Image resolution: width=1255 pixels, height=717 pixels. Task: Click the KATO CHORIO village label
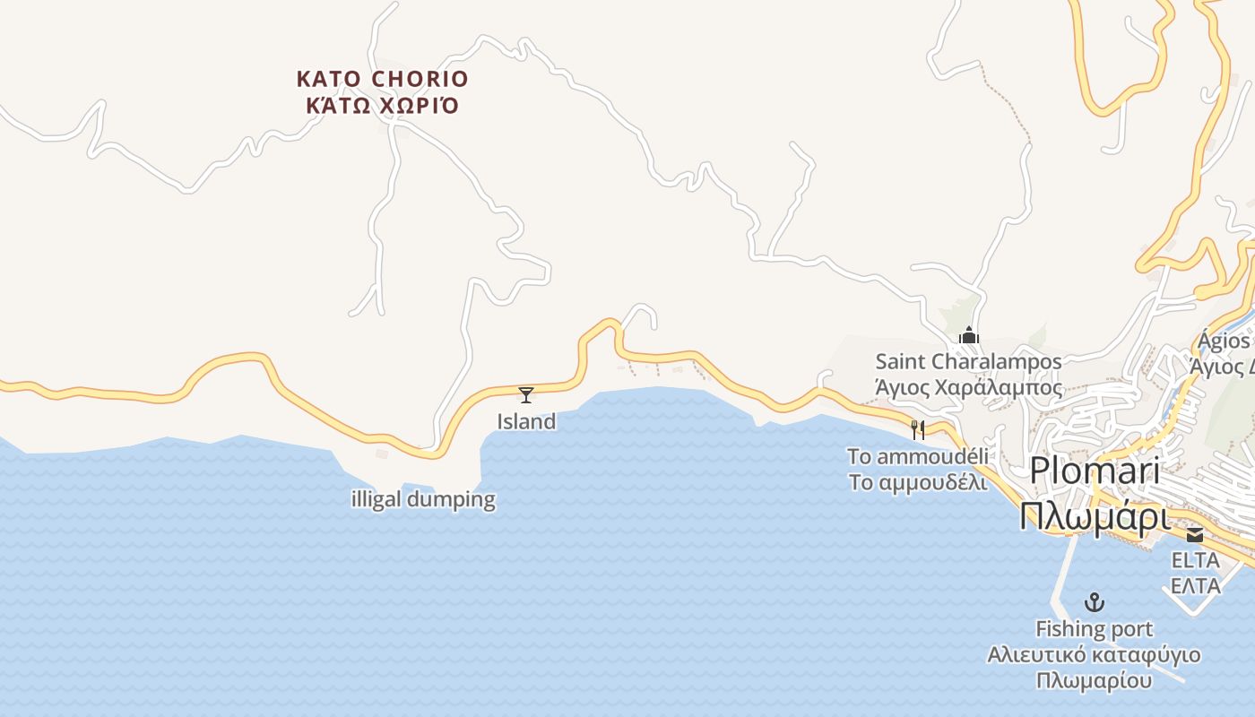[383, 79]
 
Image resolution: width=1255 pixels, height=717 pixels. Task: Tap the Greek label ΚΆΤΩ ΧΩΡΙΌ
[383, 106]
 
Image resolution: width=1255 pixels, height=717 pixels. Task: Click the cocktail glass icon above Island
[526, 394]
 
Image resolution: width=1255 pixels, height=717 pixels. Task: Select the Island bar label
[526, 421]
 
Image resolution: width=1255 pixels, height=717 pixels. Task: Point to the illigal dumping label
[423, 499]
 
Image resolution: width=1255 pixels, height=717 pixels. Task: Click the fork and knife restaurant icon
[917, 430]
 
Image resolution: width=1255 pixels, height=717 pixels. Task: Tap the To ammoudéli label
[918, 456]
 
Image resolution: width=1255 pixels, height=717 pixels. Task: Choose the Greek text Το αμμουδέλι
[918, 482]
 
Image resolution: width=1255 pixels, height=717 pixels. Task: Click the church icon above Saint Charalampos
[968, 336]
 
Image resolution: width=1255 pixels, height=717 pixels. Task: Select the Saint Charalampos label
[968, 362]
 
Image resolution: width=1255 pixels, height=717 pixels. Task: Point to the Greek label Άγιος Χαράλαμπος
[968, 388]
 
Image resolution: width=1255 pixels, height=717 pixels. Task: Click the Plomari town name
[1095, 471]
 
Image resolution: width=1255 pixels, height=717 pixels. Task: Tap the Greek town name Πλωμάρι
[1095, 517]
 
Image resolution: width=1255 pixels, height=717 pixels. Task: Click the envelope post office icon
[1195, 535]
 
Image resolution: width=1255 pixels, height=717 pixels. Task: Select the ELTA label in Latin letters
[1196, 560]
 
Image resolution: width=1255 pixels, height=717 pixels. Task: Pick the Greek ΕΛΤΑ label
[1196, 586]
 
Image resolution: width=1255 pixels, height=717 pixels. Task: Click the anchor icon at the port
[1094, 602]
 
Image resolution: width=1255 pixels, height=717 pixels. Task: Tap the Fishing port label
[1094, 629]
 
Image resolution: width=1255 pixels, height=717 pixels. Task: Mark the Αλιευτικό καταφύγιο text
[1094, 654]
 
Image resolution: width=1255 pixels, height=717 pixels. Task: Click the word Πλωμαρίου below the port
[1094, 680]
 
